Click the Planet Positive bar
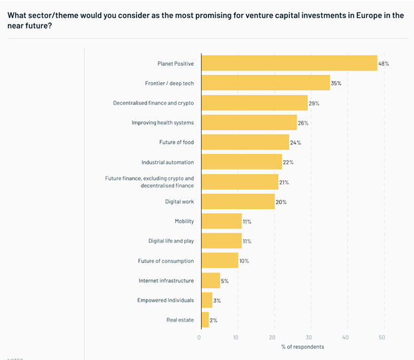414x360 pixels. [289, 63]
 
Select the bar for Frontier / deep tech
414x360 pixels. [265, 83]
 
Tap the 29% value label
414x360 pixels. [314, 103]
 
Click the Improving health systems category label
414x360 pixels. [163, 123]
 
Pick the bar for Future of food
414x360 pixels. [245, 142]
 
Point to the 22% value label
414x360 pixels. [288, 162]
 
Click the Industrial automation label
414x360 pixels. [167, 162]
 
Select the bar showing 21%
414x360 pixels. [240, 182]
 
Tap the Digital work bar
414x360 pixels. [238, 201]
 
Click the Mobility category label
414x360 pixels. [184, 221]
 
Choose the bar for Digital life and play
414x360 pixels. [221, 240]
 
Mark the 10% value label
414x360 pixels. [244, 260]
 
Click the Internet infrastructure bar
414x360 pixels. [210, 280]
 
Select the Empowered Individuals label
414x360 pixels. [165, 300]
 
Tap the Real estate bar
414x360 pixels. [204, 319]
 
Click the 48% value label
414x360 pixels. [383, 64]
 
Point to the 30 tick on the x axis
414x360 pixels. [309, 337]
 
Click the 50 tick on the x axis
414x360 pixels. [382, 337]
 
